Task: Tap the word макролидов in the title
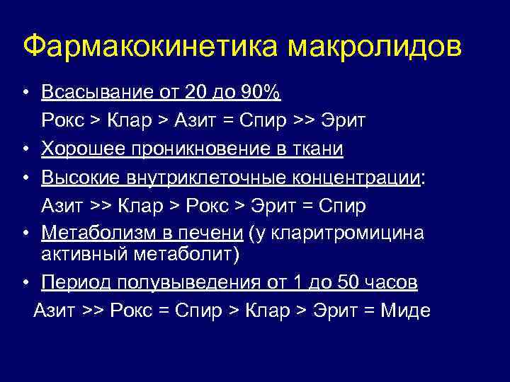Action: tap(375, 46)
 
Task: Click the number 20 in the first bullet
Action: tap(194, 93)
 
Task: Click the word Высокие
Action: tap(77, 178)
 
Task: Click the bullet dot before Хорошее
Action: tap(24, 149)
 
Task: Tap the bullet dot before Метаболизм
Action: tap(24, 234)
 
